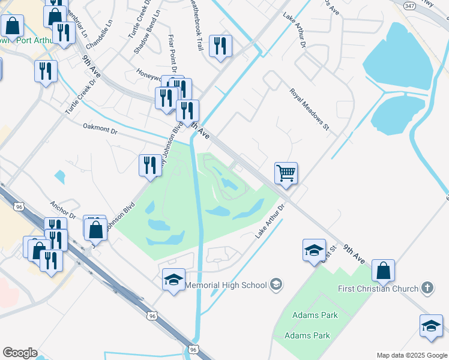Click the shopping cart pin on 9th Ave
coord(286,173)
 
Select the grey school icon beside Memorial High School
coord(276,284)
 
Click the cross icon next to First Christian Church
coord(427,289)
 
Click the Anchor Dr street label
coord(63,209)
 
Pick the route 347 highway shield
coord(408,5)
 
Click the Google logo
coord(20,353)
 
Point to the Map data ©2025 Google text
coord(412,355)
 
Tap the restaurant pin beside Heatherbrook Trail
coord(220,46)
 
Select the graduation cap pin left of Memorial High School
coord(173,280)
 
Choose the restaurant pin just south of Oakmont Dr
coord(149,165)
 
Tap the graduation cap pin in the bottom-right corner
coord(430,326)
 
